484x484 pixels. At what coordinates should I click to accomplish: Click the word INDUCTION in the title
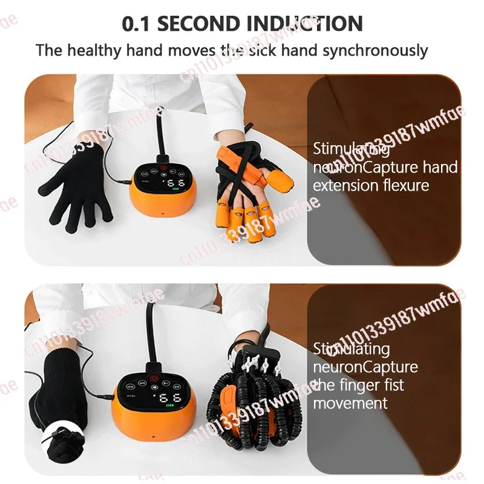pos(305,24)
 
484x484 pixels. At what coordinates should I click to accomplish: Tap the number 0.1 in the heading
pos(137,24)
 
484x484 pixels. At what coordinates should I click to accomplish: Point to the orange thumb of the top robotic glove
pos(281,177)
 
